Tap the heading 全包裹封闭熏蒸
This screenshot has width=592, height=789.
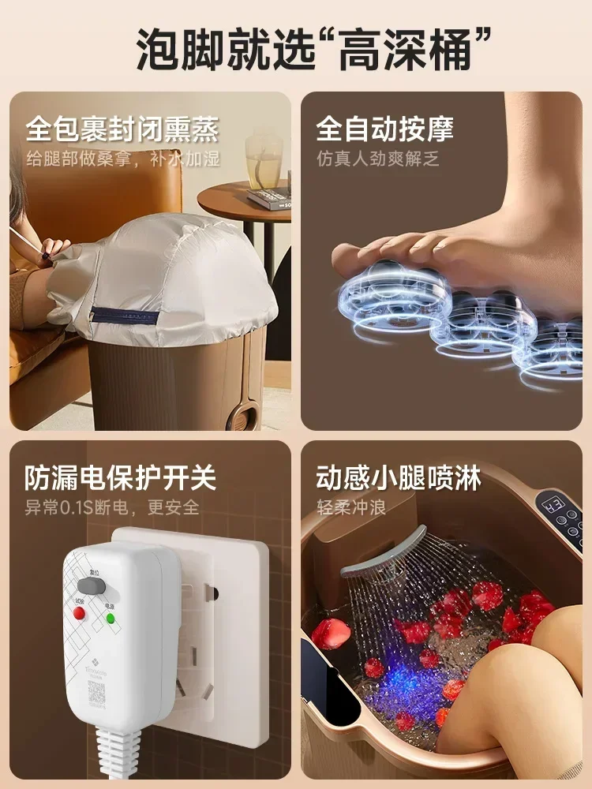(x=122, y=129)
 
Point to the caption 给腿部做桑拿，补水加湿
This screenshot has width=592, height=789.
(x=122, y=159)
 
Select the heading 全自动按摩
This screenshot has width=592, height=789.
(x=385, y=129)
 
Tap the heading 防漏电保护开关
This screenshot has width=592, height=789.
(x=120, y=477)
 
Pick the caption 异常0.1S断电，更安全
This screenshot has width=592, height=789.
(x=112, y=507)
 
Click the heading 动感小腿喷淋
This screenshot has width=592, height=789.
(x=399, y=477)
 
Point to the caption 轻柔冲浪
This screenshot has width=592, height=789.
(x=350, y=507)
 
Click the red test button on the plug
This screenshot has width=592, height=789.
(x=80, y=613)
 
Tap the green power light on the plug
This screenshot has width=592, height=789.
(x=110, y=618)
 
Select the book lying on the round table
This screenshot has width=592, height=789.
(x=269, y=197)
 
